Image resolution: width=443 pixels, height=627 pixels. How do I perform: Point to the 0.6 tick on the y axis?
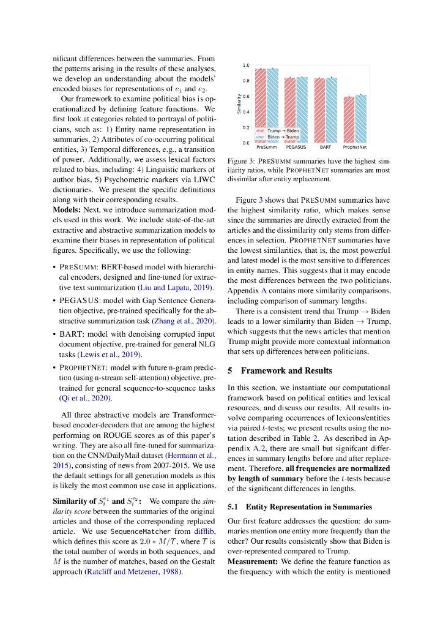[x=245, y=96]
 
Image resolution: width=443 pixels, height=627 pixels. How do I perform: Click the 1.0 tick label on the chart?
[x=245, y=65]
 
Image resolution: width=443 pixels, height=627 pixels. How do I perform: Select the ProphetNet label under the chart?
[x=355, y=148]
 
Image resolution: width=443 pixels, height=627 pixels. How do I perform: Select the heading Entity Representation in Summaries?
[x=308, y=506]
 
